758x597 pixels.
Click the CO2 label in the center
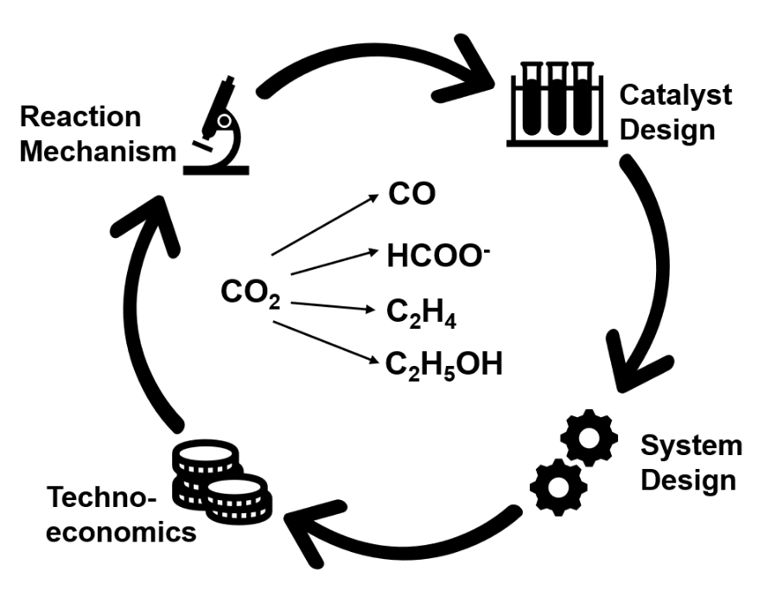click(x=250, y=294)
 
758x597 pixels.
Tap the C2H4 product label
click(x=421, y=312)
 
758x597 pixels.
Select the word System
click(x=690, y=446)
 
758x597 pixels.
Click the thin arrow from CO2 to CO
click(x=325, y=225)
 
